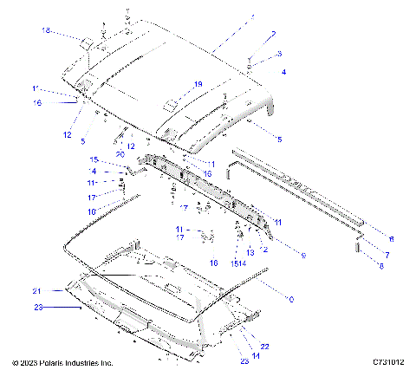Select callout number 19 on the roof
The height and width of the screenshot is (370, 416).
click(198, 84)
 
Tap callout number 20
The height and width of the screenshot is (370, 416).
click(120, 153)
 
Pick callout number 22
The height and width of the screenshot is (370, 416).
click(265, 346)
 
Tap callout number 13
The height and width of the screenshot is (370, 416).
click(250, 252)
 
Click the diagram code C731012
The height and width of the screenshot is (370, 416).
click(390, 362)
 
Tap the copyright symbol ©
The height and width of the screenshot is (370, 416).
click(15, 362)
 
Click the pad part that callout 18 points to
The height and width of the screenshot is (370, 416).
click(88, 43)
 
